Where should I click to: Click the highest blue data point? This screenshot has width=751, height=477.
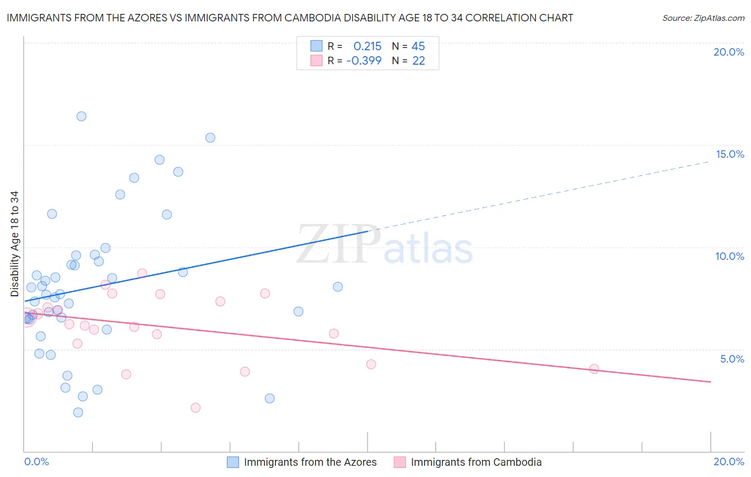click(81, 117)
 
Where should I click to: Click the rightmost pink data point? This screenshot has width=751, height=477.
click(594, 369)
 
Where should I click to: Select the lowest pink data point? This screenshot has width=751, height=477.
click(195, 408)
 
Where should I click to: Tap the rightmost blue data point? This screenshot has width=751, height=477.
click(338, 287)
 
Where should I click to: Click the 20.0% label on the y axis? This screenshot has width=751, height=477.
click(729, 52)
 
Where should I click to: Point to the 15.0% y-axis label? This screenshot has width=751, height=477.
click(730, 154)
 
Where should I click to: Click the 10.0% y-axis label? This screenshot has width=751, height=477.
click(730, 256)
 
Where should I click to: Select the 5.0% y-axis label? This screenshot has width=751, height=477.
click(732, 359)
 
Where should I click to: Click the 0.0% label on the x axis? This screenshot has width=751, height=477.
click(36, 461)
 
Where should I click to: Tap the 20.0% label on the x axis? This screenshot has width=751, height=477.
click(729, 461)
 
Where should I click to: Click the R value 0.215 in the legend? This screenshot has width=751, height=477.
click(367, 47)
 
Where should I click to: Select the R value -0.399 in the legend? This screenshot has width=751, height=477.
click(364, 61)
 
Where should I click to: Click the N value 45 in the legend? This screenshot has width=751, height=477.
click(418, 47)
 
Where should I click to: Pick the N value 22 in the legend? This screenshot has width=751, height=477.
click(418, 61)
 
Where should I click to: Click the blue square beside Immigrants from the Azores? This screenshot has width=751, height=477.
click(233, 462)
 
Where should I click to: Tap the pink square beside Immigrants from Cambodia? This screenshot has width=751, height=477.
click(400, 462)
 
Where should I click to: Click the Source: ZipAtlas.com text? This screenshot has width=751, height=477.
click(703, 18)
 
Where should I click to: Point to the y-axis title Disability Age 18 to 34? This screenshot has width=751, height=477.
click(14, 244)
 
